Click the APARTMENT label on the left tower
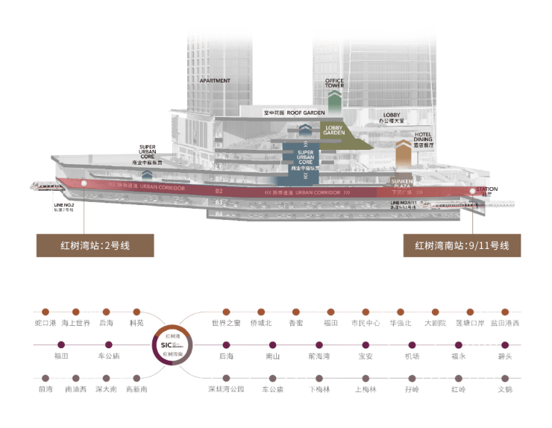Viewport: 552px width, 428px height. [215, 81]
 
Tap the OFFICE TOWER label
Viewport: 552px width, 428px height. [334, 83]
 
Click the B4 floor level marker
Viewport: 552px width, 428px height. [219, 214]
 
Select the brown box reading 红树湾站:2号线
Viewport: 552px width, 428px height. [95, 245]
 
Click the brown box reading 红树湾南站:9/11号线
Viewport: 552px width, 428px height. [462, 245]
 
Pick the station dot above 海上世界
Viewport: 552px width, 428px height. [77, 312]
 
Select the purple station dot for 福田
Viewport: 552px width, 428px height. [61, 344]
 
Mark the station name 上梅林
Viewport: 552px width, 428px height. [364, 389]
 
